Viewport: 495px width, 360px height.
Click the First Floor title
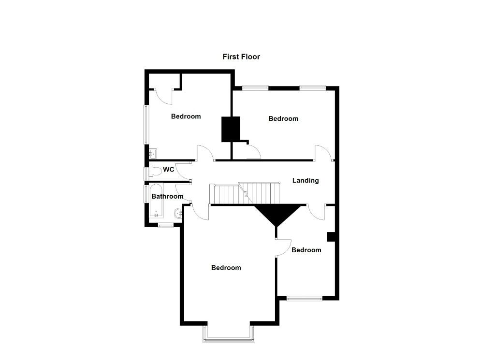coord(241,57)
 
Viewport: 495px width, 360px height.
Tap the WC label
coord(168,170)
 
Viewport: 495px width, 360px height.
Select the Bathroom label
coord(167,196)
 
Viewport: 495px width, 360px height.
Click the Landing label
coord(306,180)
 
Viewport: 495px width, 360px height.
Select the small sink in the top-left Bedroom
coord(153,154)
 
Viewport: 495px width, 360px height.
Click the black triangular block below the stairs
coord(276,213)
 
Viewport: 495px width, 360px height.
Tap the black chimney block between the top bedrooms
coord(231,129)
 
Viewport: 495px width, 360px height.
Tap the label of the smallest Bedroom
coord(306,250)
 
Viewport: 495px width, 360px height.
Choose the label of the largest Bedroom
coord(226,268)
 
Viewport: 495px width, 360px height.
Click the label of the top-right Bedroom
coord(283,118)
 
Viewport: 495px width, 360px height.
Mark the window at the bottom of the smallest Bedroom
coord(304,298)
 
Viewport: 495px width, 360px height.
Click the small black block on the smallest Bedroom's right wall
coord(331,236)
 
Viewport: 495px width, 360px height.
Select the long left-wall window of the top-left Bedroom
coord(146,124)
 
